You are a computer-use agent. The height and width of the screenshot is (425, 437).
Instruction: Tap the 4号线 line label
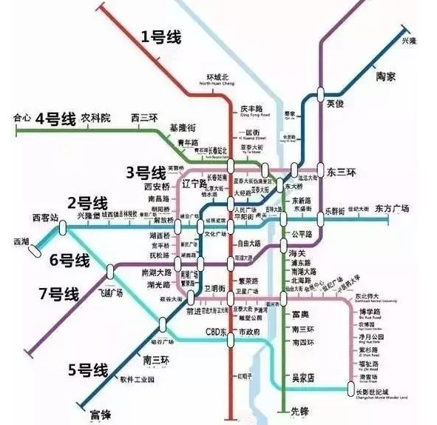55,118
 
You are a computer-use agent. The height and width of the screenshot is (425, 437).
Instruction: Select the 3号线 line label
146,173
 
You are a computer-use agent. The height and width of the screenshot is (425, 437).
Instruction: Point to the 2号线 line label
87,202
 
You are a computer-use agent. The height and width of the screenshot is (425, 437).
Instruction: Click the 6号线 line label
70,260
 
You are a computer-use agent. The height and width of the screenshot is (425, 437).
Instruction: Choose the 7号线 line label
58,293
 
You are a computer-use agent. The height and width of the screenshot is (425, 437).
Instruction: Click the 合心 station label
21,117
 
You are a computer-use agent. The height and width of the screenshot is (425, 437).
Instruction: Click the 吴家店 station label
301,378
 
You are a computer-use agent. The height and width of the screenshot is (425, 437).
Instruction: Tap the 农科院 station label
96,118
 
